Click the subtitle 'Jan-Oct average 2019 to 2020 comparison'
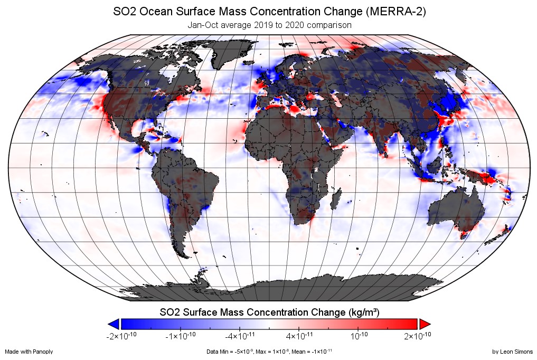click(x=269, y=25)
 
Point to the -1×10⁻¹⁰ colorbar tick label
click(x=181, y=336)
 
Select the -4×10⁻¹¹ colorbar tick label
click(x=240, y=336)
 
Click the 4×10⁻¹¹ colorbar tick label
click(x=299, y=336)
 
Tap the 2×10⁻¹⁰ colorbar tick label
click(x=418, y=336)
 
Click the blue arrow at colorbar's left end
click(x=112, y=324)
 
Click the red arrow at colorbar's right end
click(x=426, y=324)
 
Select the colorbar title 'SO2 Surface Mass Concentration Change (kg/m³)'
click(x=269, y=311)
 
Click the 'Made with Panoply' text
click(x=29, y=352)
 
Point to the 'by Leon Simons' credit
click(x=512, y=352)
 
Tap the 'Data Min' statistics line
click(x=269, y=352)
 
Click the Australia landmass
click(x=454, y=209)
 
